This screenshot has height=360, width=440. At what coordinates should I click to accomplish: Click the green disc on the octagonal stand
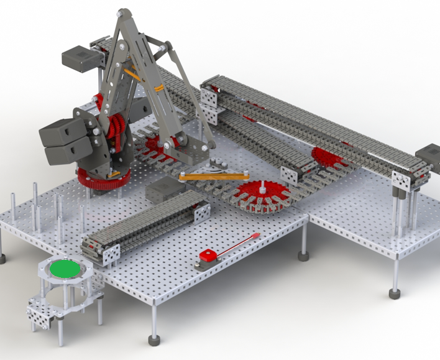(x=65, y=269)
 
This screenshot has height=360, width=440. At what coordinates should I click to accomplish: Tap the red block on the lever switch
(x=207, y=255)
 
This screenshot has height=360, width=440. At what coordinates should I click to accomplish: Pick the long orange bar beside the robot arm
(x=214, y=176)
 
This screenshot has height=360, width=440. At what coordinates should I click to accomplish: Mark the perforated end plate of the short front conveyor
(x=111, y=255)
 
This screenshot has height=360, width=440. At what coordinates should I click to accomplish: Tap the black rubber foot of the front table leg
(x=154, y=339)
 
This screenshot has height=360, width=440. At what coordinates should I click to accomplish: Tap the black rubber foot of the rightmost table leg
(x=394, y=293)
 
